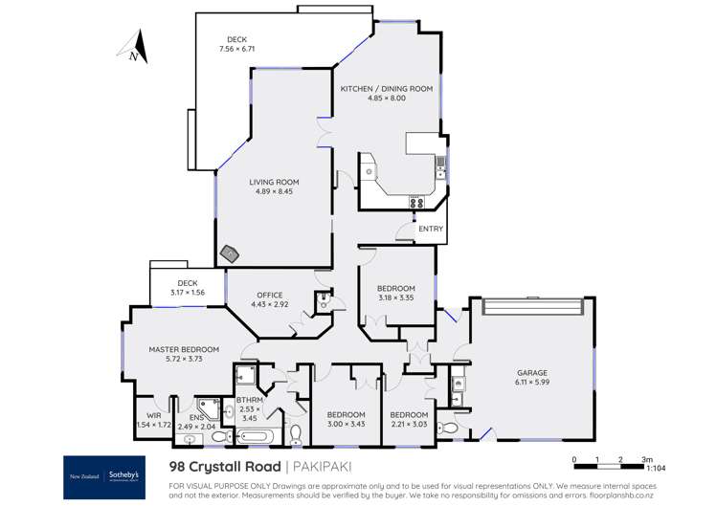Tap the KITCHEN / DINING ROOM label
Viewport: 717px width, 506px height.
(x=387, y=88)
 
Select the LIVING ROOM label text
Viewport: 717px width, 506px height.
(x=275, y=182)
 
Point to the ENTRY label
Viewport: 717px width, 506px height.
(x=431, y=229)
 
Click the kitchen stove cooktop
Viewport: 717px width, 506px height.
(x=417, y=202)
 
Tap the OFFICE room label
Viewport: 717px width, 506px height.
(x=269, y=295)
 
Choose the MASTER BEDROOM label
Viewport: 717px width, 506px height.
(x=184, y=349)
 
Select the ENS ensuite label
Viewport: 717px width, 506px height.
(x=197, y=417)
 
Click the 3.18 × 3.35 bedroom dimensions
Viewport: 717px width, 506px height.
(x=395, y=298)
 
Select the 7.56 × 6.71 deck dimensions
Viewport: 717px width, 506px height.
(x=236, y=49)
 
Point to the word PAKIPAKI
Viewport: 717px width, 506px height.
(x=324, y=467)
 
